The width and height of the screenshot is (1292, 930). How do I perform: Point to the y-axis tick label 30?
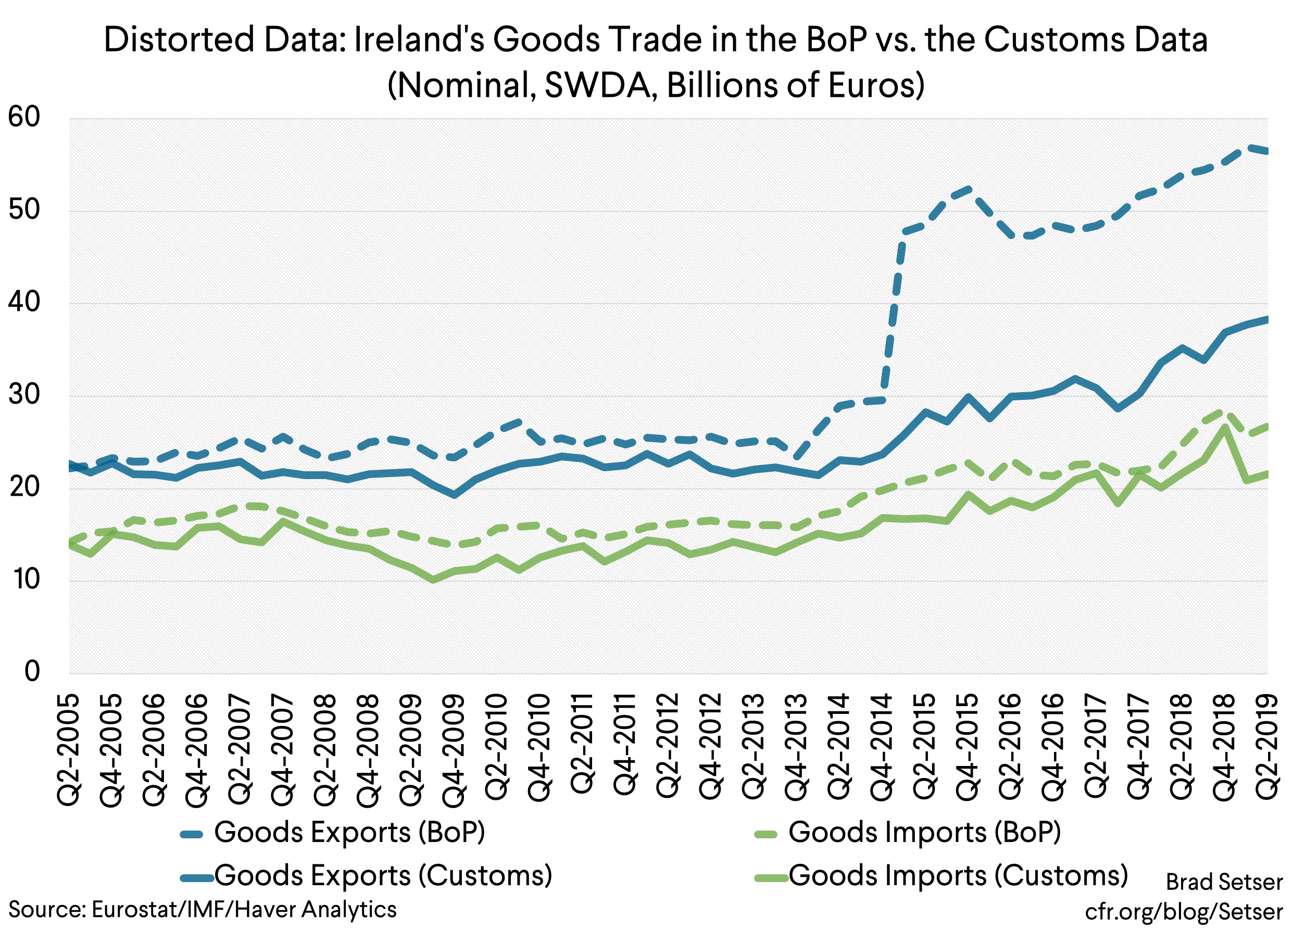tap(24, 395)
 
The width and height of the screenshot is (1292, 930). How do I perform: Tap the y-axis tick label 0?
tap(32, 672)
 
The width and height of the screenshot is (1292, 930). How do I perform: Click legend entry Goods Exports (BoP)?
tap(348, 833)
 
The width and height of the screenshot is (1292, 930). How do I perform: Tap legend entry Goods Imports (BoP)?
tap(924, 833)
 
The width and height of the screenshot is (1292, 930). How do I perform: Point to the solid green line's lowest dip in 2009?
tap(433, 580)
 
